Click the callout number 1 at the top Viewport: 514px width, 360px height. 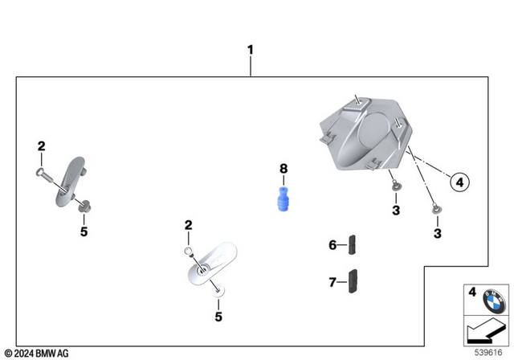pos(250,50)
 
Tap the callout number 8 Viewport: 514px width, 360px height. pos(283,169)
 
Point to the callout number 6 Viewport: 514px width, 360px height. pos(332,245)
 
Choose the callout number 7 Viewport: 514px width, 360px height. pos(332,282)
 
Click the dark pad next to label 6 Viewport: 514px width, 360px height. pos(353,243)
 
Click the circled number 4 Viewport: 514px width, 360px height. pos(459,183)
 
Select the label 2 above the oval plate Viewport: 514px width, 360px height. pos(189,226)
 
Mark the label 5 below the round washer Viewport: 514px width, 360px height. pos(218,317)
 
